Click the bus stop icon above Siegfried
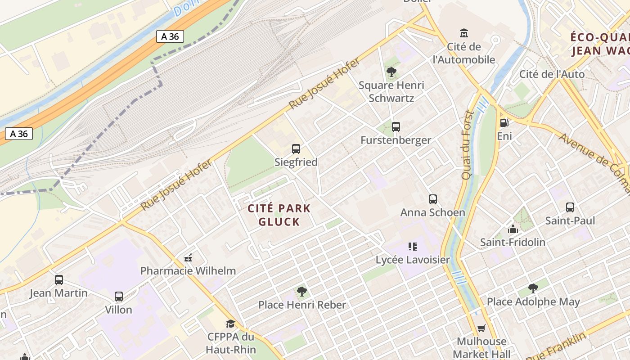coord(296,149)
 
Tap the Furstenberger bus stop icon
coord(396,127)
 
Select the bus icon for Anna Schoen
coord(433,199)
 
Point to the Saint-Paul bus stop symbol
coord(570,207)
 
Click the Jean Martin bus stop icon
coord(59,280)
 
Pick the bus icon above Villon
coord(119,297)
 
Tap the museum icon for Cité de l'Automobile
coord(464,33)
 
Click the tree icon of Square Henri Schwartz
coord(391,72)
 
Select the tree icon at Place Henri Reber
coord(302,292)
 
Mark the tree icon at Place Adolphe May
coord(533,288)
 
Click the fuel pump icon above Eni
coord(504,122)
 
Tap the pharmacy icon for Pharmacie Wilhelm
coord(189,258)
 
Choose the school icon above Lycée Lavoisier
coord(413,247)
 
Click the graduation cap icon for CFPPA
coord(231,324)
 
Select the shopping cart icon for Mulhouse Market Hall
coord(481,328)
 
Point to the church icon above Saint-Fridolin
coord(513,229)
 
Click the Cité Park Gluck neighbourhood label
coord(279,215)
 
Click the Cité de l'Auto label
coord(552,74)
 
